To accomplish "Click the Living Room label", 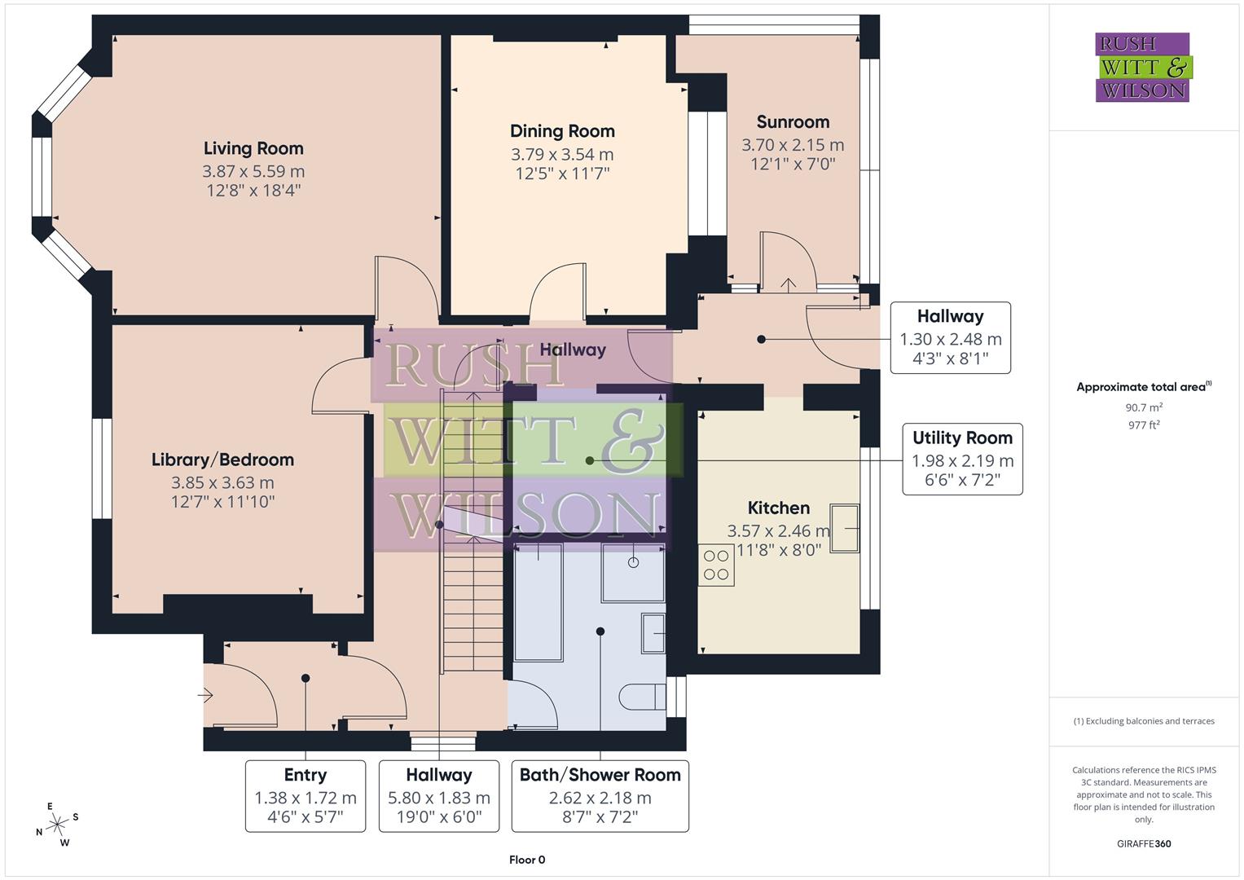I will point(253,148).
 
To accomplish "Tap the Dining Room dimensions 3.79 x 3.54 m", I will point(562,154).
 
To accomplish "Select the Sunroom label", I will point(793,122).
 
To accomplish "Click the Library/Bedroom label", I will point(222,460).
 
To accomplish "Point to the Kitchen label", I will point(779,508).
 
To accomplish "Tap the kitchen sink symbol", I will point(845,528).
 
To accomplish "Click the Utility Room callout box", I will point(962,460).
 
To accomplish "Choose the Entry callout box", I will point(306,796).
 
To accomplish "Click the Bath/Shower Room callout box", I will point(600,796).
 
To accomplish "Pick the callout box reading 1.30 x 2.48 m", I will point(950,338).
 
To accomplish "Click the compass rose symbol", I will point(57,825).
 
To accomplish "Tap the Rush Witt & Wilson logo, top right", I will point(1142,68).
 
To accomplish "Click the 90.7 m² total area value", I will point(1144,407).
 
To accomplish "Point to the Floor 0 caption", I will point(527,860).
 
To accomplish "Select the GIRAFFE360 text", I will point(1144,843).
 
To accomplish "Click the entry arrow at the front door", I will point(205,695).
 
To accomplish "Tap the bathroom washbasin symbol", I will point(653,633).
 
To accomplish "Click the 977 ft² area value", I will point(1144,425).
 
